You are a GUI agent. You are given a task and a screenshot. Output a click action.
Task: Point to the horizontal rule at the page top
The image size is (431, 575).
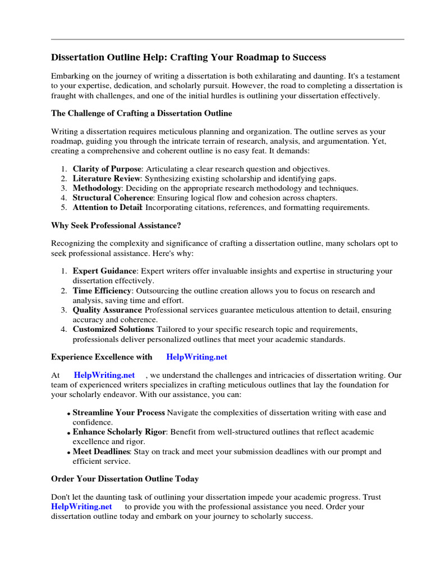point(227,39)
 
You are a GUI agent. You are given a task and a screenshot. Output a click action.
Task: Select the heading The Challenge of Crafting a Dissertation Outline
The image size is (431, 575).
point(141,113)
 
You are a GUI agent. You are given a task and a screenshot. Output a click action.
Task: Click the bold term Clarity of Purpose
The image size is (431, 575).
point(107,169)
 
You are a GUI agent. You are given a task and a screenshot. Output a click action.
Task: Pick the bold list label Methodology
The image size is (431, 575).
point(97,188)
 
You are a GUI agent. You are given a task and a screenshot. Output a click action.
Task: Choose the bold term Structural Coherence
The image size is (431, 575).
point(113,198)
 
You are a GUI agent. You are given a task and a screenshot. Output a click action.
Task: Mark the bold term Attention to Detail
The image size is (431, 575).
point(108,207)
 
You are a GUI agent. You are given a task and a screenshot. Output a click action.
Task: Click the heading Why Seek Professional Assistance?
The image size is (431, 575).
point(116,225)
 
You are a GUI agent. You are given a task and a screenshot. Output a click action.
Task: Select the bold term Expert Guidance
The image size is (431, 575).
point(104,271)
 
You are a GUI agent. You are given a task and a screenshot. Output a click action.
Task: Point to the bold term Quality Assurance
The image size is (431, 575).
point(107,310)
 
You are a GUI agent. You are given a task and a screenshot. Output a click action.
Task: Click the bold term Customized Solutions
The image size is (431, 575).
point(113,329)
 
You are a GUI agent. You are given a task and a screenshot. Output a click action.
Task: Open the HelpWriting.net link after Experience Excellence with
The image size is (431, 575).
point(197,357)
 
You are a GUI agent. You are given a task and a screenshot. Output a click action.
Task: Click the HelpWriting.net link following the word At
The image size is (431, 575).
point(104,375)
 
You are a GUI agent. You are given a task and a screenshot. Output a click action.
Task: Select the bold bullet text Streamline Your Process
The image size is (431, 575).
point(119,413)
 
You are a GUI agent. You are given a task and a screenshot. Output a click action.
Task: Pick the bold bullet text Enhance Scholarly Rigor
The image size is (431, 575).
point(118,432)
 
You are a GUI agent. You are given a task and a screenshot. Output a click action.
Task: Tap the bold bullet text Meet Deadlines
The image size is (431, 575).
point(102,451)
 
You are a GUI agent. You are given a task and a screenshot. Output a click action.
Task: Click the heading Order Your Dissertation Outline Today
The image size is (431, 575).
point(125,479)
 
